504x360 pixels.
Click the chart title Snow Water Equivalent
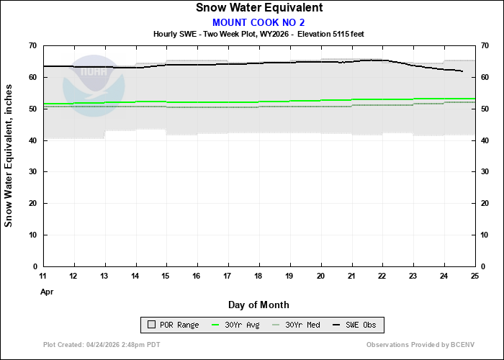(x=258, y=8)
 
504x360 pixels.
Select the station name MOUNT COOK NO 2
(x=258, y=22)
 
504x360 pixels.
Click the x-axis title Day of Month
(x=258, y=305)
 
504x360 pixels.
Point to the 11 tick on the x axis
(x=43, y=276)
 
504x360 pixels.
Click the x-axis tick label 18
(x=258, y=276)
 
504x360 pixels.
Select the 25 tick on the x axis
(x=474, y=276)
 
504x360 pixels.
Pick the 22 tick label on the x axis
(x=382, y=276)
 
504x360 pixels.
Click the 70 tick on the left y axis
(x=32, y=46)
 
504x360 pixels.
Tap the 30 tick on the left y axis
(x=32, y=172)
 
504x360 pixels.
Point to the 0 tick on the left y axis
(x=35, y=266)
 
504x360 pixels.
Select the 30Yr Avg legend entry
(x=234, y=325)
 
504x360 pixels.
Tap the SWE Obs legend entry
(x=356, y=325)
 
